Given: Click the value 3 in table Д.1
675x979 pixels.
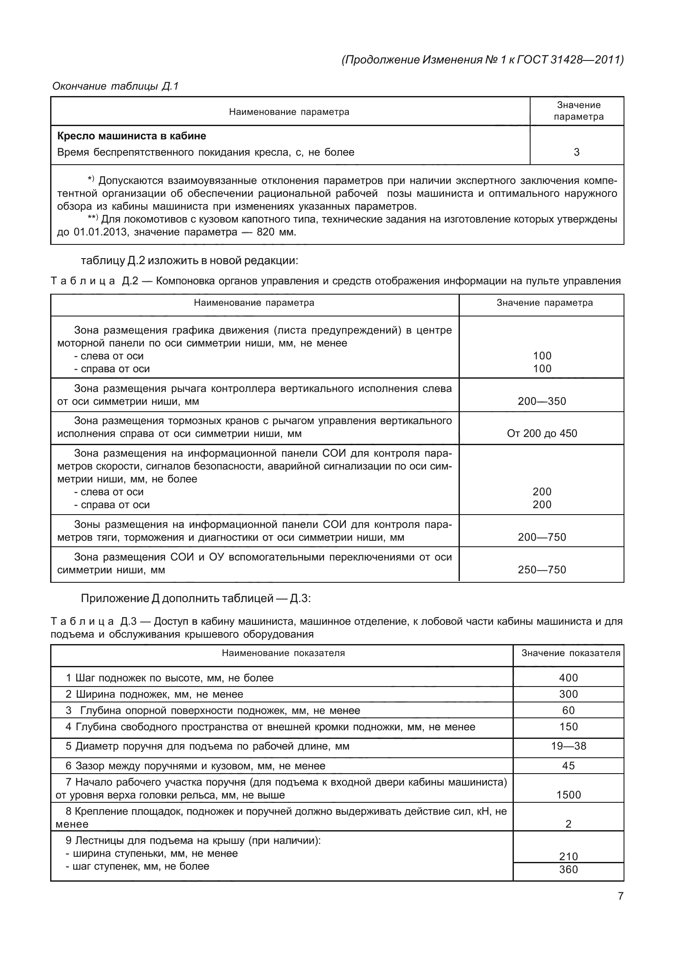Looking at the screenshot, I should click(x=576, y=152).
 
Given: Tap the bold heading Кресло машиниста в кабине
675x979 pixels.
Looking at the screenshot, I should click(x=132, y=136).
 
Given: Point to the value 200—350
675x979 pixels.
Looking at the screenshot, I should click(x=542, y=401).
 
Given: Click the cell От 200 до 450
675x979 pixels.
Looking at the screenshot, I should click(x=542, y=434).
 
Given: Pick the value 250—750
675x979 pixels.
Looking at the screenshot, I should click(x=542, y=570).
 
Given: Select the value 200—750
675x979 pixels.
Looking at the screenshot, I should click(x=542, y=537).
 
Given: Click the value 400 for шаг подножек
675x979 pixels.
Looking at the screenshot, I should click(x=568, y=678).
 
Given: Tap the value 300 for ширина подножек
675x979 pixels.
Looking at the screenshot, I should click(x=568, y=694).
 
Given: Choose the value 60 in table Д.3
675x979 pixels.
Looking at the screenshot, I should click(x=568, y=711).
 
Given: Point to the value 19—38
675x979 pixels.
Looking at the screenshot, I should click(x=568, y=746).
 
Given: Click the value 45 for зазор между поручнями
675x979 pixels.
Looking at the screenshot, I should click(x=568, y=766).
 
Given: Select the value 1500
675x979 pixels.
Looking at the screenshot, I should click(x=568, y=795).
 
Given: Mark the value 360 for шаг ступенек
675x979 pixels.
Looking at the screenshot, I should click(x=568, y=870).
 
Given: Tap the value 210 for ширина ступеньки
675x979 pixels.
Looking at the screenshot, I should click(x=568, y=857).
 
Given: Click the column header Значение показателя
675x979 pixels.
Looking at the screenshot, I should click(x=570, y=653).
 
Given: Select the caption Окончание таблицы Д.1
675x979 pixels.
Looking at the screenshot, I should click(x=115, y=86).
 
